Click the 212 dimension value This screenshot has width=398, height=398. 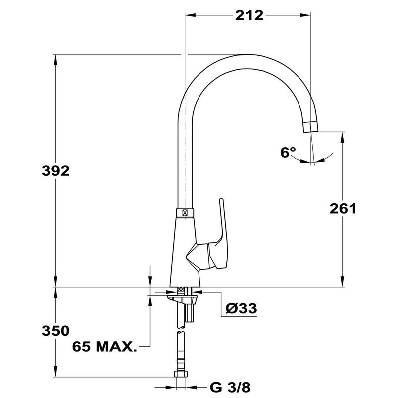249,16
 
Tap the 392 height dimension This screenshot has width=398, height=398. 56,171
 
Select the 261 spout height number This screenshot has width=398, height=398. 343,208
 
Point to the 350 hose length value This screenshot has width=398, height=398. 56,331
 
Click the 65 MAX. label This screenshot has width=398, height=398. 104,346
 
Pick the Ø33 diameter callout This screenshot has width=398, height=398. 241,308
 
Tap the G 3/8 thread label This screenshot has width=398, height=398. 230,388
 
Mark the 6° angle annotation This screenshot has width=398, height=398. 288,152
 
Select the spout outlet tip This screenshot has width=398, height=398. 310,127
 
